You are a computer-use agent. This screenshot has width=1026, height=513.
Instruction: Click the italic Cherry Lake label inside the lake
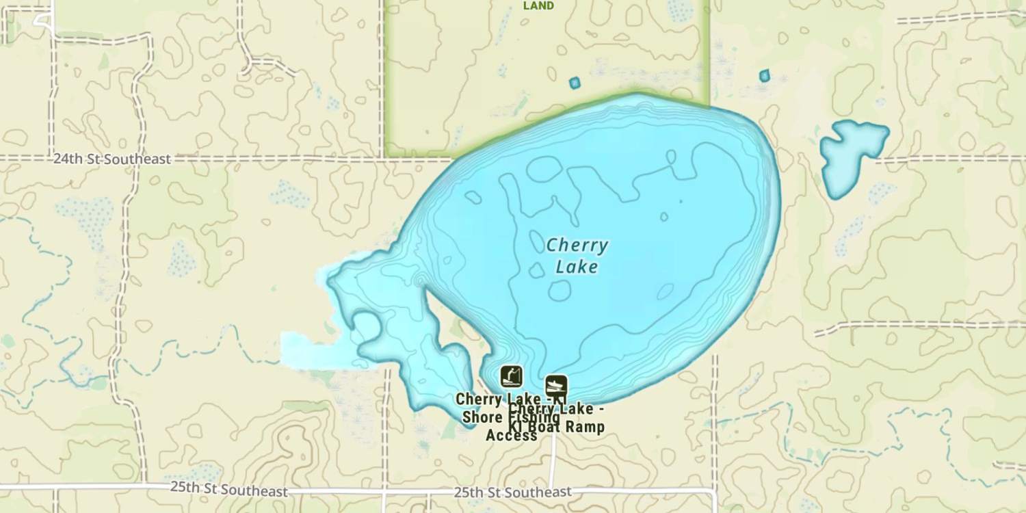coord(577,256)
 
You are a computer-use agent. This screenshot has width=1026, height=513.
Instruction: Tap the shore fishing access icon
coord(511,376)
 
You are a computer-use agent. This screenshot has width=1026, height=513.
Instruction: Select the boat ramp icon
coord(556,386)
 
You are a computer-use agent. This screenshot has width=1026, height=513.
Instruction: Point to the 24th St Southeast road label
coord(111,159)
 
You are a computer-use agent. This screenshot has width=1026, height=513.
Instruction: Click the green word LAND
coord(538,5)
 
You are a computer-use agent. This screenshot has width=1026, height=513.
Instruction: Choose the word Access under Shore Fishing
coord(511,435)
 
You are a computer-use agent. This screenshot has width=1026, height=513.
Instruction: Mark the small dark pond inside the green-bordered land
coord(575,83)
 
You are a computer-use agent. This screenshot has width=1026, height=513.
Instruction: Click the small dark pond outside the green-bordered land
coord(764,75)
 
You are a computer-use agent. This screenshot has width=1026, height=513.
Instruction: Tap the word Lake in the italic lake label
coord(577,267)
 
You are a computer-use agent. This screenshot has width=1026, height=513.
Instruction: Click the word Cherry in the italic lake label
coord(577,245)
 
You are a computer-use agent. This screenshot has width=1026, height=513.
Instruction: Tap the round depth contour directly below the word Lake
coord(560,291)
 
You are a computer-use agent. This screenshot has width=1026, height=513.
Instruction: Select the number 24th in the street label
coord(66,159)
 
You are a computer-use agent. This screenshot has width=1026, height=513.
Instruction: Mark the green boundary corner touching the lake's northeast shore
coord(708,106)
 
